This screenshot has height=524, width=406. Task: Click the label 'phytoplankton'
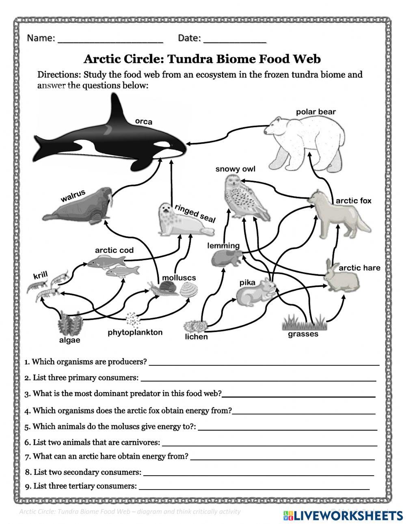135,332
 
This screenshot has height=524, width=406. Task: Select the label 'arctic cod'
114,250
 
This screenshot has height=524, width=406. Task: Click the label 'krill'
40,276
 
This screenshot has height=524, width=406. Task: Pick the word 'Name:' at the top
41,38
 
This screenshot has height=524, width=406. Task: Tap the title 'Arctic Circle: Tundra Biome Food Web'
202,59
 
